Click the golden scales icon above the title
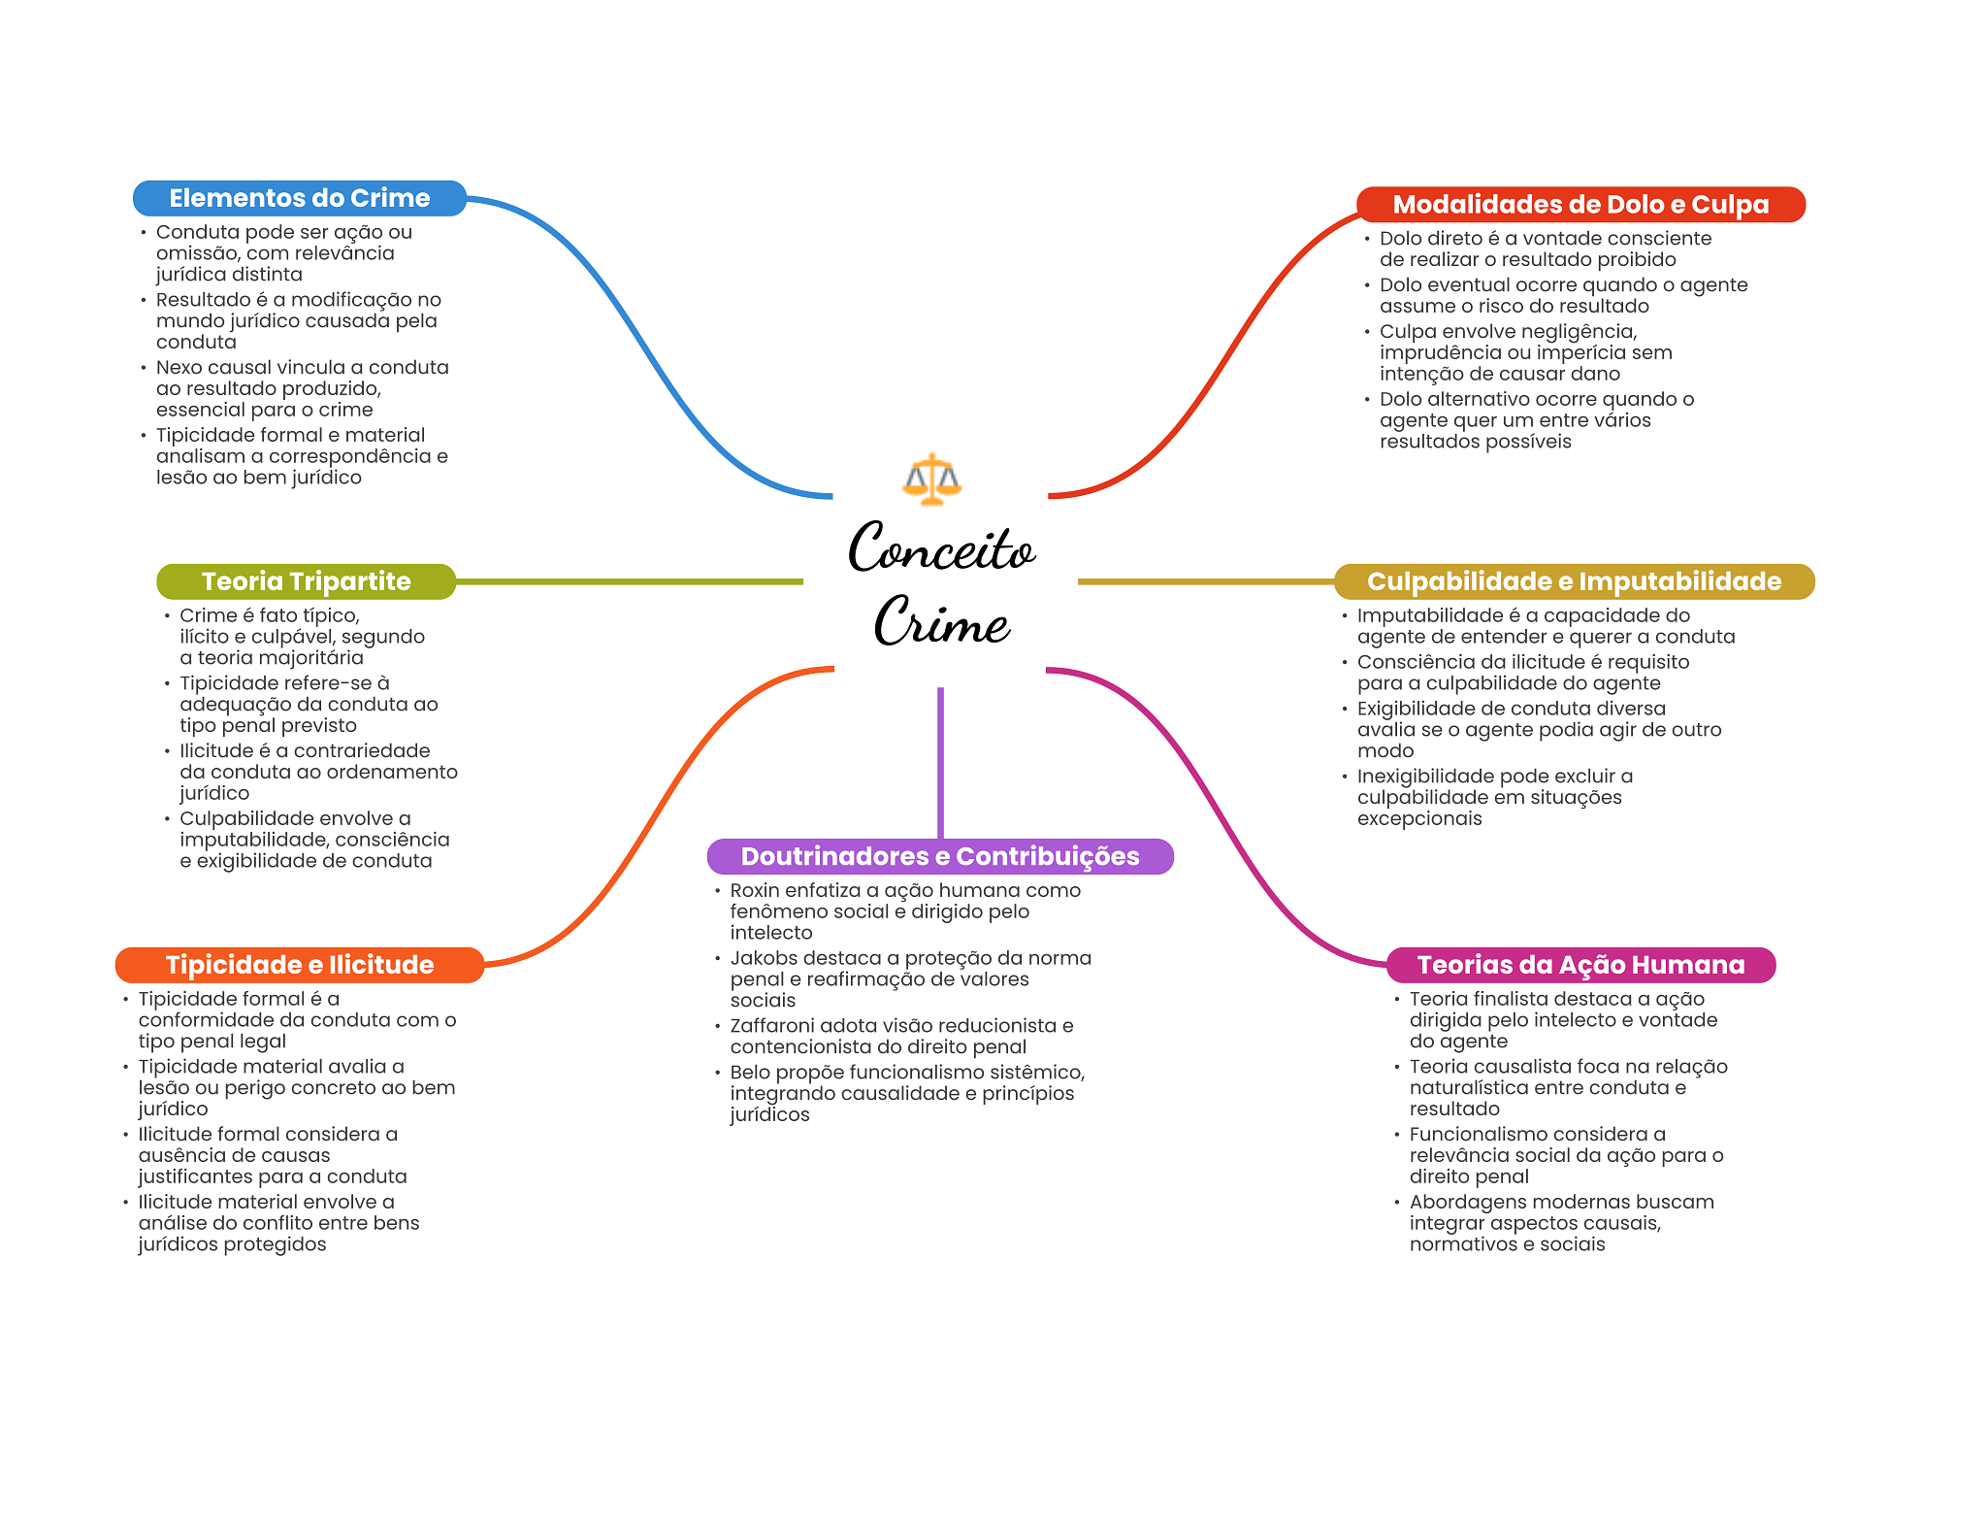tap(931, 480)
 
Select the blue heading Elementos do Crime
tap(300, 198)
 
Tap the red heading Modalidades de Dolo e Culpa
tap(1580, 205)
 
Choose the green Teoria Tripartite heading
tap(306, 581)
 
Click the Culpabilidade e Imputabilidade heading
tap(1574, 581)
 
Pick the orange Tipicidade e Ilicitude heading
tap(300, 965)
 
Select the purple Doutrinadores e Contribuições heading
tap(940, 856)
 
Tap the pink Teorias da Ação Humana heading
tap(1580, 965)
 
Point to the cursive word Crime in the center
tap(942, 620)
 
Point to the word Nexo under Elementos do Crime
tap(179, 368)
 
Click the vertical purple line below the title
tap(940, 763)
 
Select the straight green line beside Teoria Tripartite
tap(630, 581)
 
